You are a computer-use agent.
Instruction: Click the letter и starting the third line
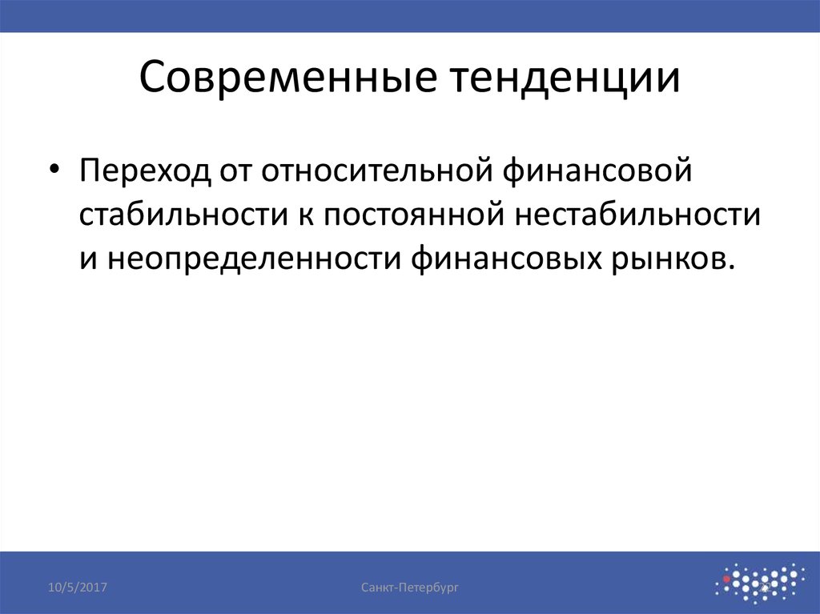pos(88,259)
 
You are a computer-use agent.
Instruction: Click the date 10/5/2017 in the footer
pos(78,588)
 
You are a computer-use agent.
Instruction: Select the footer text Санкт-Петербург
pos(409,588)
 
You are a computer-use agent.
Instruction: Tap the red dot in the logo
pos(726,576)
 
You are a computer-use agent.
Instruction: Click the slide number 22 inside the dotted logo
pos(764,590)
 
